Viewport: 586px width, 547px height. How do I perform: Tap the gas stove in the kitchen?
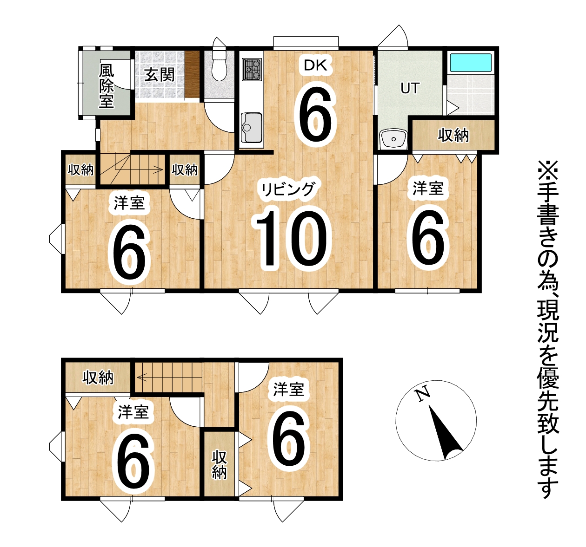252,70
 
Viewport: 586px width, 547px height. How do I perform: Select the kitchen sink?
252,127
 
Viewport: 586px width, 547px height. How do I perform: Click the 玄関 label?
160,75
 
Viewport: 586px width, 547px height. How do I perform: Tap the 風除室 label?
106,86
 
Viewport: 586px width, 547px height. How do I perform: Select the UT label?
410,88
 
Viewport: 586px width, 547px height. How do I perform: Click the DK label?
316,65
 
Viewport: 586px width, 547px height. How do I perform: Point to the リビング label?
288,189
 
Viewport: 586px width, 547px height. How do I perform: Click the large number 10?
291,239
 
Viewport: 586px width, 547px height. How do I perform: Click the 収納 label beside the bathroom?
453,136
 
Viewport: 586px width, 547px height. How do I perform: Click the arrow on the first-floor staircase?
139,169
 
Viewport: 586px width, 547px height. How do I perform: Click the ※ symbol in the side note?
548,171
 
